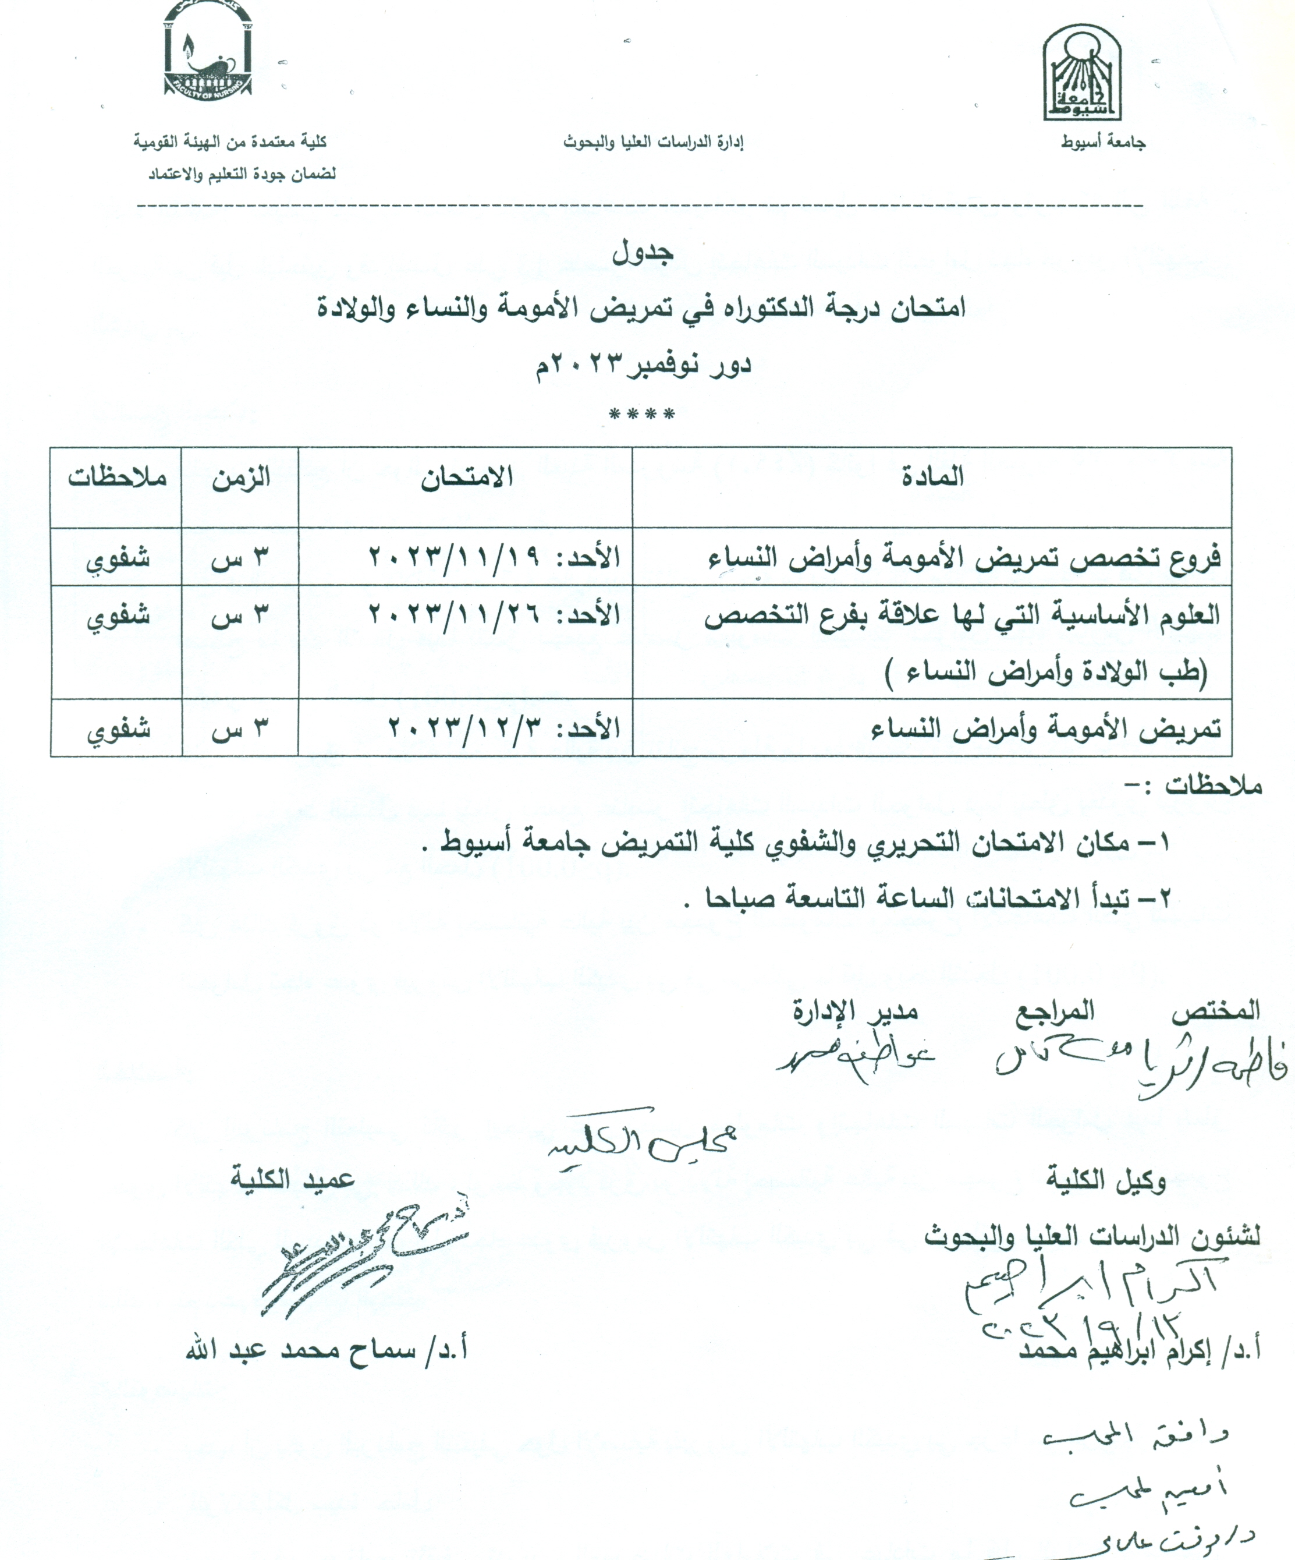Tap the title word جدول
point(643,253)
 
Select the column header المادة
point(932,476)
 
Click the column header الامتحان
point(467,477)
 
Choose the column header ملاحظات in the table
point(118,477)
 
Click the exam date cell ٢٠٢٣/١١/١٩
point(494,557)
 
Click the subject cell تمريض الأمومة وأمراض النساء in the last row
point(1045,728)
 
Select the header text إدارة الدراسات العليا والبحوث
point(654,142)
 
